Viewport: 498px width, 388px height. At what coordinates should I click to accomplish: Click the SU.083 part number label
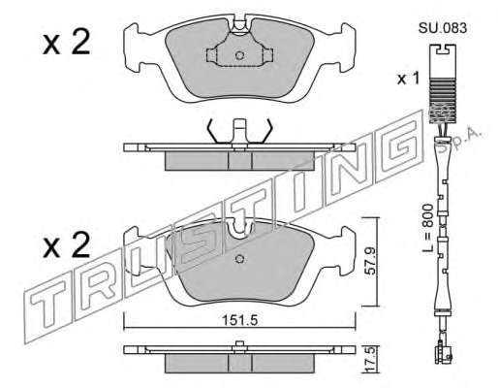click(x=443, y=28)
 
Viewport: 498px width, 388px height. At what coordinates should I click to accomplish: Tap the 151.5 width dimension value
click(x=239, y=320)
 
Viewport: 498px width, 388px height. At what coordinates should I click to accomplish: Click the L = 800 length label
click(x=428, y=229)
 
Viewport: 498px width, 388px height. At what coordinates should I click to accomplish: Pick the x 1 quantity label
click(x=408, y=79)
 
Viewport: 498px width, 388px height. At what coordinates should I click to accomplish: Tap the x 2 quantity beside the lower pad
click(x=66, y=245)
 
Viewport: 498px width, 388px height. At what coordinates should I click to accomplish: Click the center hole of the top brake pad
click(x=239, y=55)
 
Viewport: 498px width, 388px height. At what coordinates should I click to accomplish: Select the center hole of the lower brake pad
click(x=239, y=259)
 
